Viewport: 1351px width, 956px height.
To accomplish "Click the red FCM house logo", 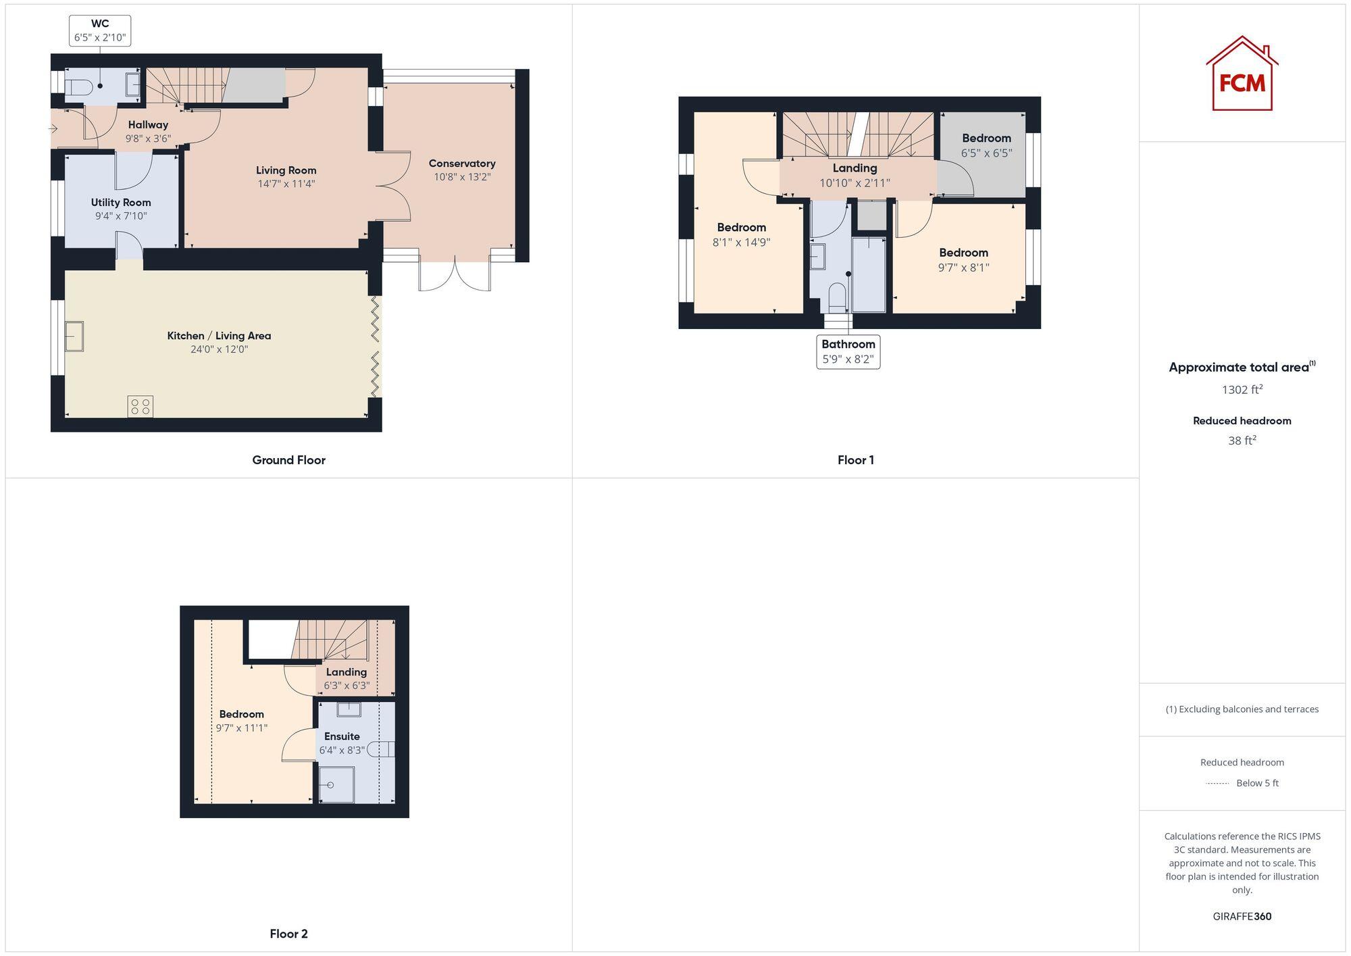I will pos(1242,74).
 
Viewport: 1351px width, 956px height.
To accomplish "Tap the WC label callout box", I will pos(100,30).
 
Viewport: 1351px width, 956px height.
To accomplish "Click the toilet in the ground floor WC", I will pos(79,86).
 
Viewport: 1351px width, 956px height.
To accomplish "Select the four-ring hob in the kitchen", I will pos(141,406).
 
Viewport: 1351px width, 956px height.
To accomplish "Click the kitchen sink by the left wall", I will pos(74,336).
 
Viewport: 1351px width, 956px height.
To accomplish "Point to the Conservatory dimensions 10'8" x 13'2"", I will pos(462,177).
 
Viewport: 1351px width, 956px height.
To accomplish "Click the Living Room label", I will pos(286,170).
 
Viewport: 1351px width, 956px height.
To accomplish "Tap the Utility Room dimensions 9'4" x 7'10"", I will pos(121,216).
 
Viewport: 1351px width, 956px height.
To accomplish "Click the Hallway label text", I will pos(148,124).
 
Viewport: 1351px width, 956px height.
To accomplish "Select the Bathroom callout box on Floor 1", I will pos(848,351).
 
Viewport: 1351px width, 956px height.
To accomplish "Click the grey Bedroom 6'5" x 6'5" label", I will pos(986,139).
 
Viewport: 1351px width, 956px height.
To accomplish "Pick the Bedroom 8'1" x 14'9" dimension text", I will pos(741,242).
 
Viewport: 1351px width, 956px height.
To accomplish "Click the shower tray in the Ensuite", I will pos(336,784).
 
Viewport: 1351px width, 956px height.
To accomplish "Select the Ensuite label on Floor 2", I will pos(342,736).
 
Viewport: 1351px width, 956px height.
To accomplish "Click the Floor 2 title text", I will pos(288,934).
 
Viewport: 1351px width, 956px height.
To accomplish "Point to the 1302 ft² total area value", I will pos(1242,390).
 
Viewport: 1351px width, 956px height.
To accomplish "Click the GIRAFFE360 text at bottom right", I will pos(1242,916).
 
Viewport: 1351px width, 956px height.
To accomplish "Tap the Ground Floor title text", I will pos(288,460).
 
